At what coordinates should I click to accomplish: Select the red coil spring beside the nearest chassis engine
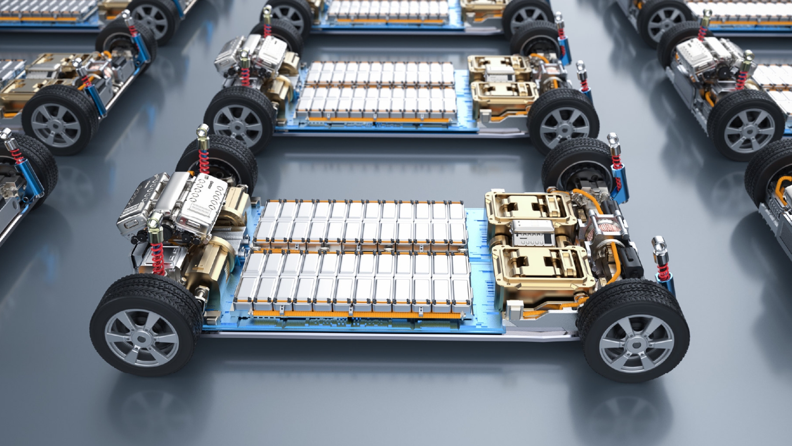[x=158, y=258]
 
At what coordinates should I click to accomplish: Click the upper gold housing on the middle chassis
[x=499, y=66]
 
